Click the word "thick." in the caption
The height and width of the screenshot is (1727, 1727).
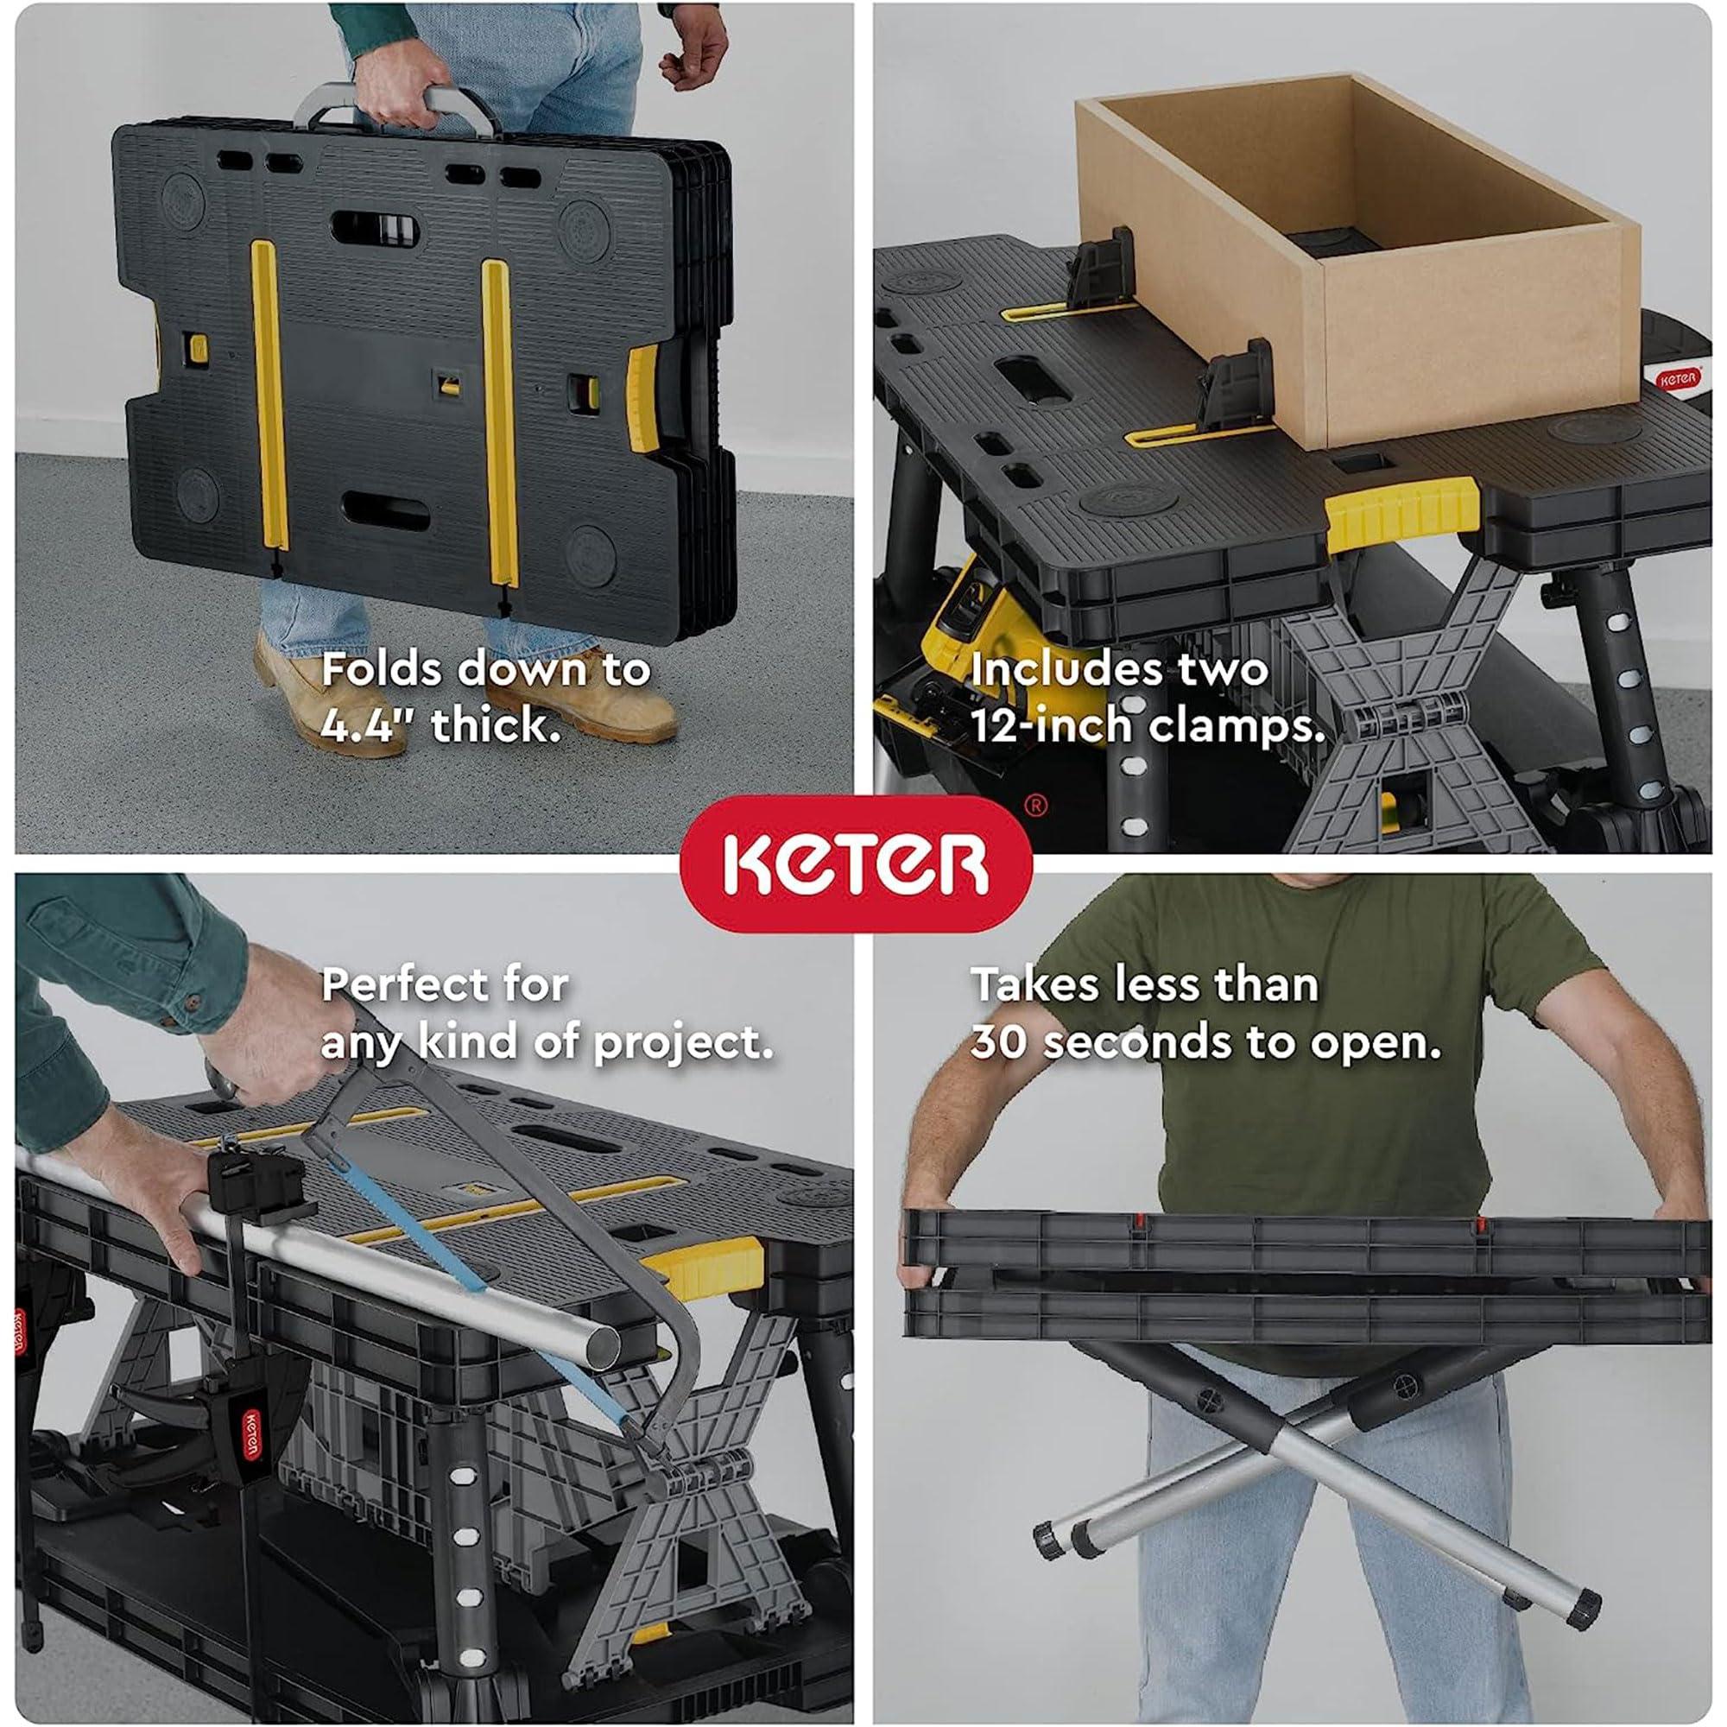(497, 725)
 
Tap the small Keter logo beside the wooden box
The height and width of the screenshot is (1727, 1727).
(1678, 379)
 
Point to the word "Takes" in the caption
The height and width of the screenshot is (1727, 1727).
(1036, 985)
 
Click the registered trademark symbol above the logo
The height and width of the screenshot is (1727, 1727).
(1036, 806)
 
